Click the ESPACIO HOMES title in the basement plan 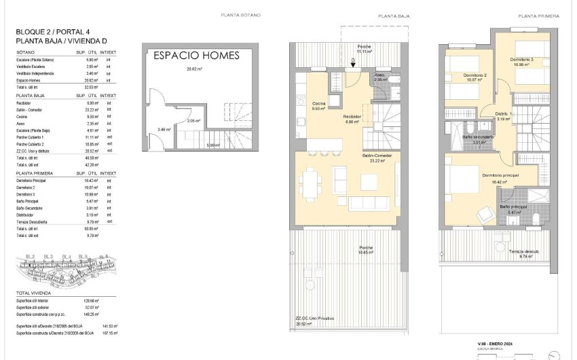point(196,56)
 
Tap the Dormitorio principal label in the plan point(501,176)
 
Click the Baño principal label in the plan point(513,206)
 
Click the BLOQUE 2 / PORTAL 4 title point(54,32)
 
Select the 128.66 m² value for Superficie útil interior point(91,300)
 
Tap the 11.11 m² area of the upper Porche point(365,52)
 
